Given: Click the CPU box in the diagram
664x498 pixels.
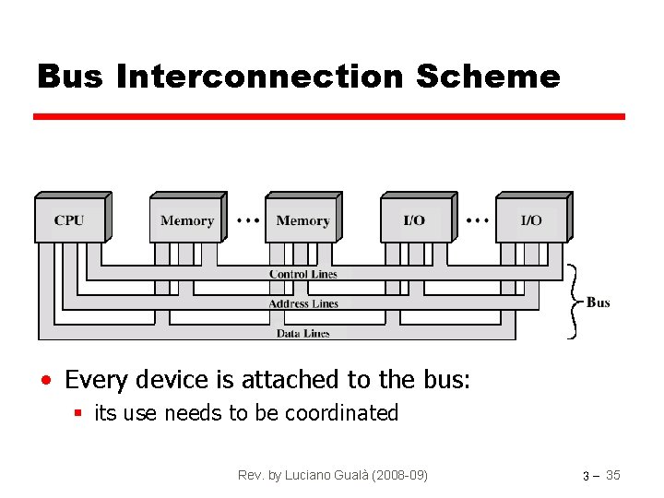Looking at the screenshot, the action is point(69,220).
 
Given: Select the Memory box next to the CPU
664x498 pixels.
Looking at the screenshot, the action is point(186,220).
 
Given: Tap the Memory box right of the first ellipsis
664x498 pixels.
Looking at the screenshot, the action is point(302,220).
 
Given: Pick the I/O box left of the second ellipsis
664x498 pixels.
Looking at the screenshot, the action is point(415,220).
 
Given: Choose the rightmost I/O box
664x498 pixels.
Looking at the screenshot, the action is point(531,220).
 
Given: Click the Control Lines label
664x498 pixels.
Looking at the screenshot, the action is point(303,274).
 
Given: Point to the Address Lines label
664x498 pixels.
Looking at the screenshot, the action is point(303,303).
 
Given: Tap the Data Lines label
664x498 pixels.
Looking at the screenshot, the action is point(303,333).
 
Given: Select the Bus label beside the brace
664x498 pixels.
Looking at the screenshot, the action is point(599,302).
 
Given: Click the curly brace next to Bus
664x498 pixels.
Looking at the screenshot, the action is point(574,302).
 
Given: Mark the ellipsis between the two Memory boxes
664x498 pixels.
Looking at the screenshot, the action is point(247,220).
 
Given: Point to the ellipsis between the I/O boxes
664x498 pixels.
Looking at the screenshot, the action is point(478,220).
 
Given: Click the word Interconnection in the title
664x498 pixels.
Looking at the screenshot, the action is point(260,77).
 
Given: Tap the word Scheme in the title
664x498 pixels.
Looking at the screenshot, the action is point(488,77).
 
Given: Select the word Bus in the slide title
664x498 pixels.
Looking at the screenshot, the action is point(71,77).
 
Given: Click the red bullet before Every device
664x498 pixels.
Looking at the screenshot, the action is point(45,380).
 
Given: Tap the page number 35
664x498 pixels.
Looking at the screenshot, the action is point(613,475).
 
